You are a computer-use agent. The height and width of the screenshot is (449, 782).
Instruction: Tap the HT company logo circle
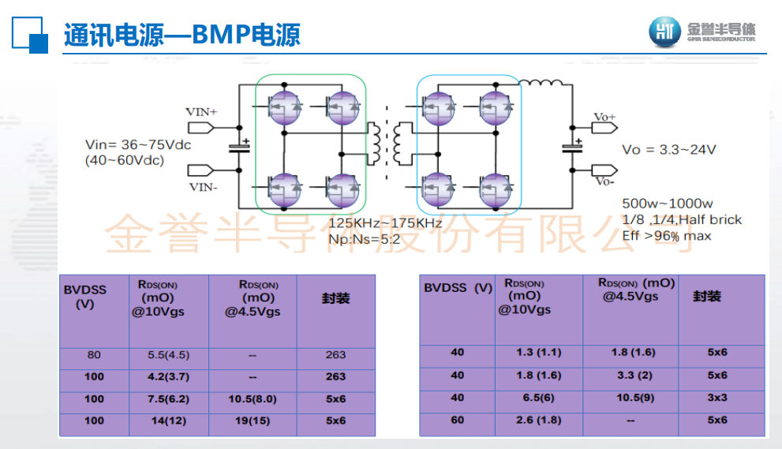coord(664,32)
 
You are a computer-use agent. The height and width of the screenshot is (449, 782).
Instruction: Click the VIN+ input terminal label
coord(201,112)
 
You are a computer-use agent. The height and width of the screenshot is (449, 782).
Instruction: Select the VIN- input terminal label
coord(202,186)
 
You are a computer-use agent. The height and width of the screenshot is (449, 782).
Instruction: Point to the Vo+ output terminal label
coord(605,118)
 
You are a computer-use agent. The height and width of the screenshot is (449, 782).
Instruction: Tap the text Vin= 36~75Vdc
coord(138,145)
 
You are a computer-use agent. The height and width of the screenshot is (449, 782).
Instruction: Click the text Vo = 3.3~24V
coord(668,150)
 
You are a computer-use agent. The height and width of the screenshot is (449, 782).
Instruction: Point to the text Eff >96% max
coord(666,235)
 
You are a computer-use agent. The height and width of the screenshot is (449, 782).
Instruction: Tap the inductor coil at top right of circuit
coord(541,81)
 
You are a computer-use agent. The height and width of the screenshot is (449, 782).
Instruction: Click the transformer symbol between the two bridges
coord(391,141)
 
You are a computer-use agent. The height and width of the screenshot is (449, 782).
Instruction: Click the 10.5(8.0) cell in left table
coord(253,399)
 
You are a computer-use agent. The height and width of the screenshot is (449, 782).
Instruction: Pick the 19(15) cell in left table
coord(253,421)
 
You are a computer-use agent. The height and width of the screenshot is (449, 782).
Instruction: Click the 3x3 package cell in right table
coord(717,398)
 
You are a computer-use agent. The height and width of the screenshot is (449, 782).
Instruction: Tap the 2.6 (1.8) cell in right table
coord(538,420)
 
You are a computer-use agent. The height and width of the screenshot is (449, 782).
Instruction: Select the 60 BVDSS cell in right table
coord(457,420)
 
